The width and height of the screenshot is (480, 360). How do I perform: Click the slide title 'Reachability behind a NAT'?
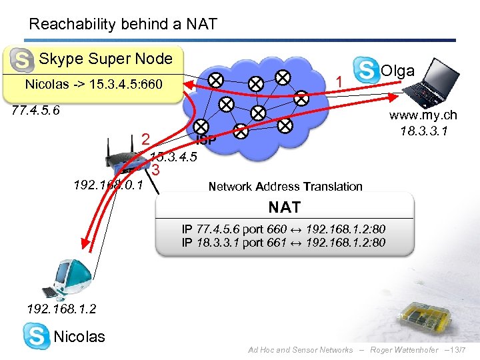123,25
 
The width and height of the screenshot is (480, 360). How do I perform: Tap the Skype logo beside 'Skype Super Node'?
22,61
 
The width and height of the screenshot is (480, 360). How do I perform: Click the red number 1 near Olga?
339,81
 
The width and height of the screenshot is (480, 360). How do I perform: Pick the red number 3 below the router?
155,170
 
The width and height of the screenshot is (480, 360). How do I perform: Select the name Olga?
397,71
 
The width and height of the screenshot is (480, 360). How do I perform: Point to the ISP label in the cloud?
205,140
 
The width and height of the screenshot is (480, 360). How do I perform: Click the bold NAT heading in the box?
285,207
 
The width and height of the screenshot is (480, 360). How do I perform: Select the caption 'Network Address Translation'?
285,187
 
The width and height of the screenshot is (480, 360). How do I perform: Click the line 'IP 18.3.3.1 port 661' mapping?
283,242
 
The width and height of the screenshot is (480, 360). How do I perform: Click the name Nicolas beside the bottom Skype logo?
79,337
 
